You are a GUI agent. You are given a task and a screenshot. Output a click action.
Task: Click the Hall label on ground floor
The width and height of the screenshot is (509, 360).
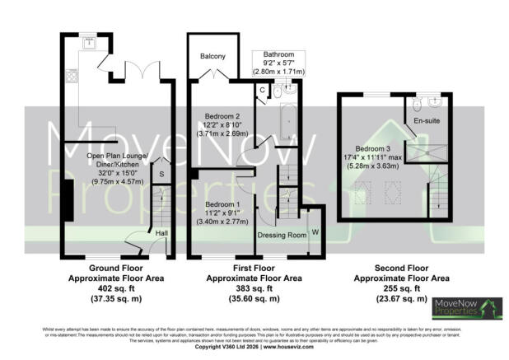[x=162, y=233]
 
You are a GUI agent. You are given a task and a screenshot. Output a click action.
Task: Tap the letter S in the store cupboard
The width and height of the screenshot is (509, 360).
[x=162, y=175]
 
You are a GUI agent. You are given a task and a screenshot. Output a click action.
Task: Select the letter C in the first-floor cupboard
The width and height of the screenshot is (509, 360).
[x=261, y=89]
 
